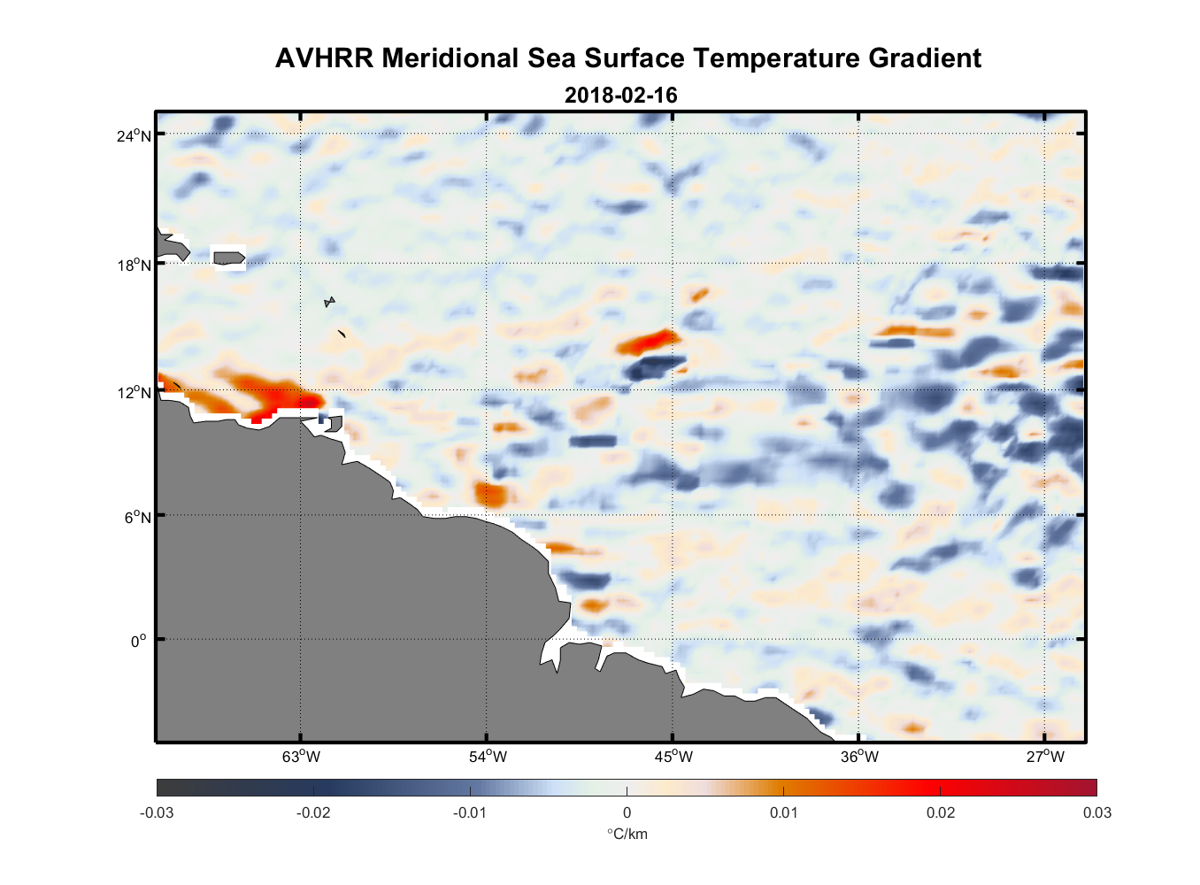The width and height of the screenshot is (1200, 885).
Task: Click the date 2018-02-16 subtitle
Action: (x=620, y=96)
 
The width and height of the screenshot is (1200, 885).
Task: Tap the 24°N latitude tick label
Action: (x=135, y=135)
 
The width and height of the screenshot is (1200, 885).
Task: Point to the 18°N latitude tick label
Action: (x=135, y=265)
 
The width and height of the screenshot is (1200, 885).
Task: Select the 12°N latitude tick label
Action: (x=135, y=392)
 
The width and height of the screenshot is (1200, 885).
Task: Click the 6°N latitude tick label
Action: (x=138, y=517)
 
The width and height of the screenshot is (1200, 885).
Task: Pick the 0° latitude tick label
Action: (x=139, y=641)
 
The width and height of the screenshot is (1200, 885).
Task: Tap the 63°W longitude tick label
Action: (x=301, y=757)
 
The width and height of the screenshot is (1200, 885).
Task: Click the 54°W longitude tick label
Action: (x=488, y=757)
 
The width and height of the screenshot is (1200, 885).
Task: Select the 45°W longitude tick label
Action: (x=673, y=757)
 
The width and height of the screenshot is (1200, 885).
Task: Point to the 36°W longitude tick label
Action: (x=859, y=757)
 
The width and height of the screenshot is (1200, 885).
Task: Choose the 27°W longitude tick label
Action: (x=1045, y=757)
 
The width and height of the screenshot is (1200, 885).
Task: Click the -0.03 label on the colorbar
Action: (x=157, y=813)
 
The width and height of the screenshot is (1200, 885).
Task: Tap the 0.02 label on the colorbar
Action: (x=941, y=813)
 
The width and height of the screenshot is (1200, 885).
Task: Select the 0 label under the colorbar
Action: (x=627, y=813)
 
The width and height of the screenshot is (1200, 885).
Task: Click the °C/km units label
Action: (x=627, y=835)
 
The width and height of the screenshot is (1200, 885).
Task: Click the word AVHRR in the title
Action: (x=324, y=58)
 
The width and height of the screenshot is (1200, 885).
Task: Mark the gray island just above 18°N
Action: (x=229, y=258)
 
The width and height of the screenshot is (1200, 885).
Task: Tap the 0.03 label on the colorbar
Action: (x=1096, y=813)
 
